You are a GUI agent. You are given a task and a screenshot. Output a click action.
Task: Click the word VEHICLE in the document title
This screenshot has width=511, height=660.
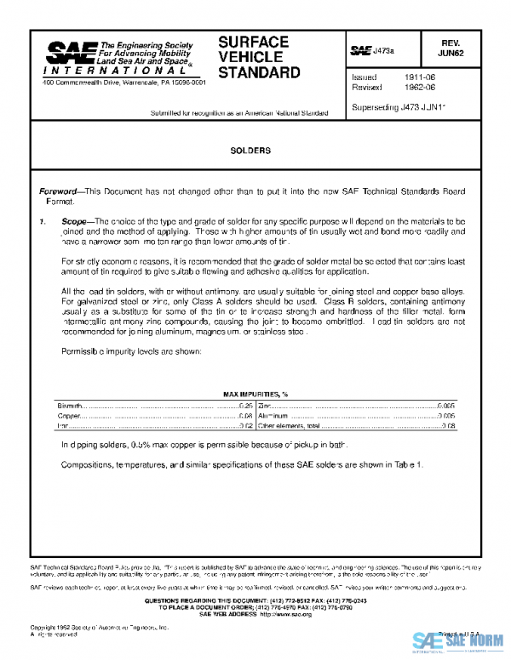pos(243,57)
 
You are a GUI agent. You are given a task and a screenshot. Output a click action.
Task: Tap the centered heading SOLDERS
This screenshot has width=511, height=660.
pos(250,151)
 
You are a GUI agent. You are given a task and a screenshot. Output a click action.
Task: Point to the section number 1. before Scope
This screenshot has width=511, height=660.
pos(43,221)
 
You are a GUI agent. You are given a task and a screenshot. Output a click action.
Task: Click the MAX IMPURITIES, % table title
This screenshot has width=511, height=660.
pos(256,395)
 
